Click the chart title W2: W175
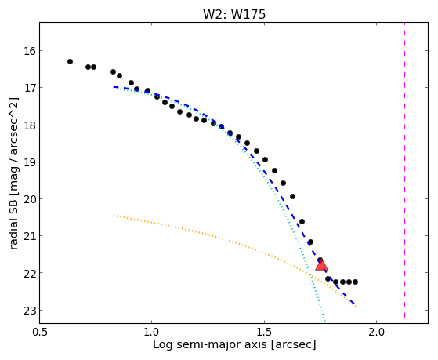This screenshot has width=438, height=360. [234, 15]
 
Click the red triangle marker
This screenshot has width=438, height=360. [321, 265]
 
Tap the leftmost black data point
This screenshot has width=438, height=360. [70, 61]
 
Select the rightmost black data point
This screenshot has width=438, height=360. [355, 282]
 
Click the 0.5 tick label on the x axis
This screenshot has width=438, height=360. [40, 332]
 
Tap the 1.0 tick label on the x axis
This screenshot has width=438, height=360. [152, 332]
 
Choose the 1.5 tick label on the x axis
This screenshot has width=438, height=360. [264, 332]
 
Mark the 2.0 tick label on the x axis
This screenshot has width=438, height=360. [377, 332]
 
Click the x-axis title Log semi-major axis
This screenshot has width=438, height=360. [209, 345]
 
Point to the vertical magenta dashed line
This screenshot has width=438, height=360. [405, 171]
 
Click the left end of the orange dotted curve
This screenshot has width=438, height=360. [114, 215]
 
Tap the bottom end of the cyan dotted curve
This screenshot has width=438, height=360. [324, 321]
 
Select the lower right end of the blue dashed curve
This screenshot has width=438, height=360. [355, 304]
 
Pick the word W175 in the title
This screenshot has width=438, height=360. [248, 15]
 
